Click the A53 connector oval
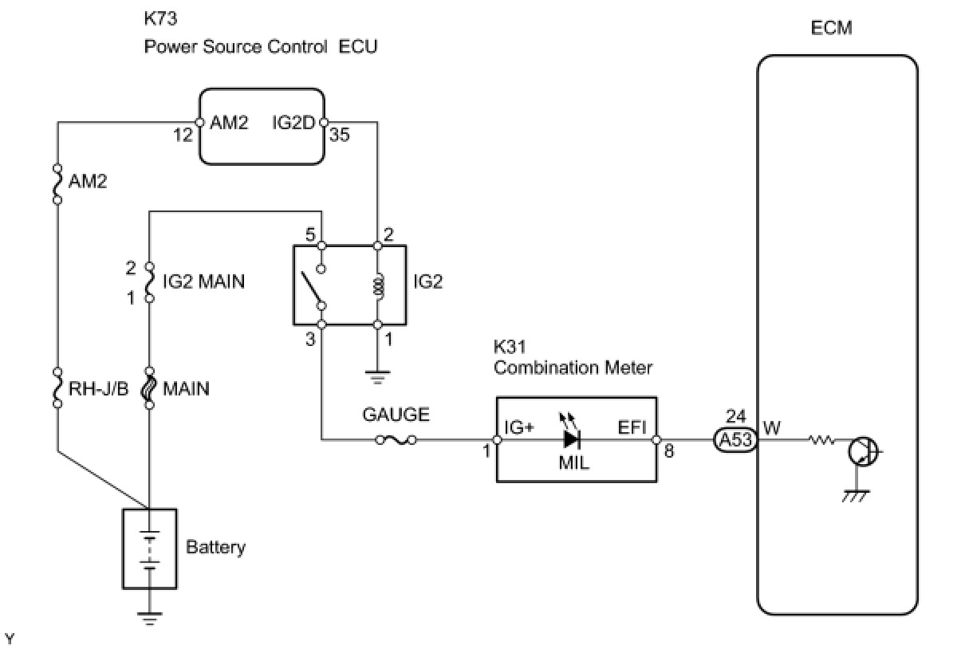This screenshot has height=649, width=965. point(734,439)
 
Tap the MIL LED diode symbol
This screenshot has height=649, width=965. point(571,439)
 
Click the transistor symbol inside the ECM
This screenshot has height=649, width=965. point(861,452)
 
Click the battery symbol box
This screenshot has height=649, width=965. point(149,548)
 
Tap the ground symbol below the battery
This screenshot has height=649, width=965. point(149,615)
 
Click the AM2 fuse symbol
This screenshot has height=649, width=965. point(57,184)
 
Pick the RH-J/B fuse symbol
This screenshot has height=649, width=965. point(57,388)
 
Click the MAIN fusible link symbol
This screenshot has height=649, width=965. point(149,388)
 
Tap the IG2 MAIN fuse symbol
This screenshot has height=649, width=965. point(149,282)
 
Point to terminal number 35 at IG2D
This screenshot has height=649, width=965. point(340,135)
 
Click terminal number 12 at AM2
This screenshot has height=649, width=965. point(183,135)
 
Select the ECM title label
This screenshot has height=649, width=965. point(830,28)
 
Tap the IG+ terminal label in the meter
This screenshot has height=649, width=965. point(518,427)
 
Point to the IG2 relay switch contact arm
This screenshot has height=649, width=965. point(312,292)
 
